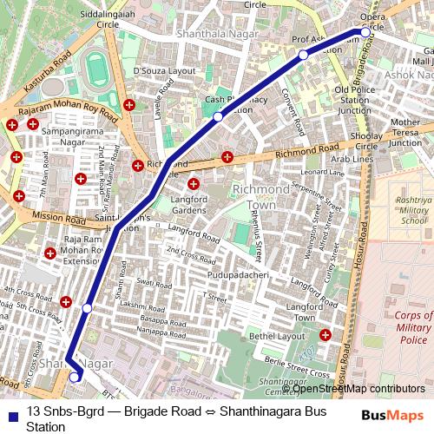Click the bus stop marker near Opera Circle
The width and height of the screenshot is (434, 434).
click(x=365, y=32)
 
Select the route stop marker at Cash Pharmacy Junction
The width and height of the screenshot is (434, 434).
click(x=218, y=116)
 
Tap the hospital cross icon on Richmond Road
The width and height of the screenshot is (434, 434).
click(x=227, y=157)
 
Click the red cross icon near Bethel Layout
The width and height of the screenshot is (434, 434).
click(x=325, y=334)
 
